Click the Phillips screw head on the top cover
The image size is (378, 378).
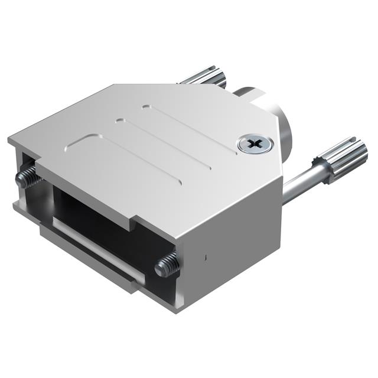pyautogui.click(x=255, y=144)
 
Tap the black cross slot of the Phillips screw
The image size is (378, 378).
pyautogui.click(x=255, y=144)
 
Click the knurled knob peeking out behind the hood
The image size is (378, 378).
pyautogui.click(x=207, y=77)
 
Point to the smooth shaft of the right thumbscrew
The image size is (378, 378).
pyautogui.click(x=298, y=184)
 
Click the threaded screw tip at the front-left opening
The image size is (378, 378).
pyautogui.click(x=26, y=177)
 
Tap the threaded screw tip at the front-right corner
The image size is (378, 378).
pyautogui.click(x=167, y=265)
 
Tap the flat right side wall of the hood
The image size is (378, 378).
pyautogui.click(x=230, y=236)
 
